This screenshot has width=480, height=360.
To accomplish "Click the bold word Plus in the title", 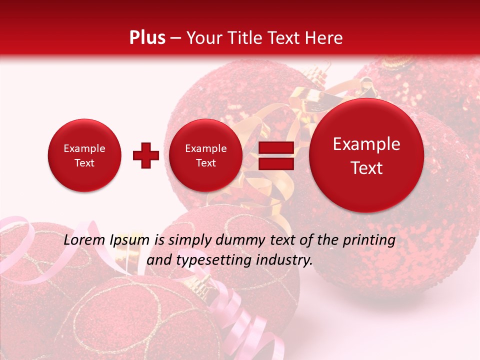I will click(x=147, y=38).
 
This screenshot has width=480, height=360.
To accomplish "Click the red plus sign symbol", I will click(x=145, y=155).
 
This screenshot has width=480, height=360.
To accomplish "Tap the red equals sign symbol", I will click(x=276, y=155).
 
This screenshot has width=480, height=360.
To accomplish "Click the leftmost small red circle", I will click(x=84, y=155).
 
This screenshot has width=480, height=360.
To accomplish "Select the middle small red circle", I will click(x=205, y=155).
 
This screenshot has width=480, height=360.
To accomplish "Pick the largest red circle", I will click(x=366, y=155).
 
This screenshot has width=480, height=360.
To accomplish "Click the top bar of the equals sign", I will click(x=276, y=148).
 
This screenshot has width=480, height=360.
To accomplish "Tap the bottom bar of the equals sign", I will click(x=276, y=163).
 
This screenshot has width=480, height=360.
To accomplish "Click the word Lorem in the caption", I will click(x=85, y=240).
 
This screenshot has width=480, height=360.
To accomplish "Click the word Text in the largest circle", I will click(x=366, y=168).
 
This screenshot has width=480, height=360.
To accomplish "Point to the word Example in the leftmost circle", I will click(x=84, y=148).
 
